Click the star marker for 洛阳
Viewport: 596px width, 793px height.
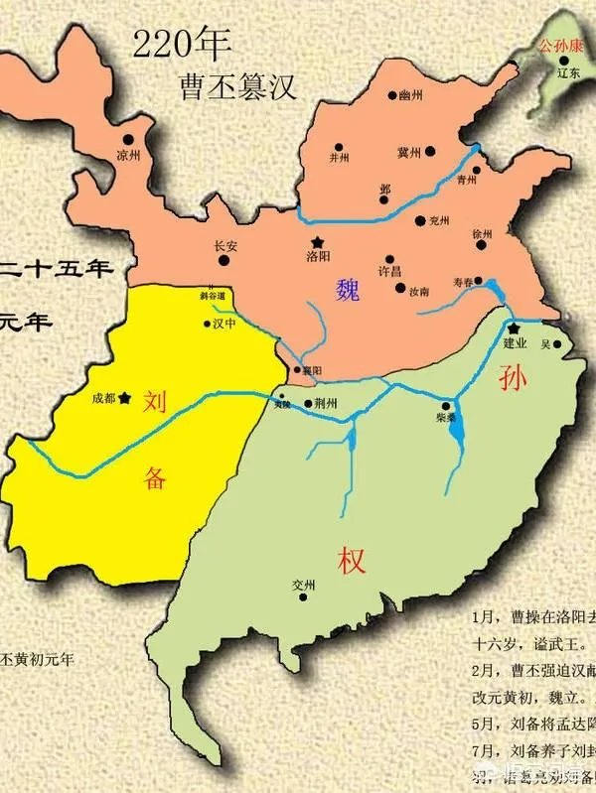click(317, 242)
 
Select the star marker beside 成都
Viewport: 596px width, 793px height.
click(125, 399)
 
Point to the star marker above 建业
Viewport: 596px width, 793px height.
click(514, 329)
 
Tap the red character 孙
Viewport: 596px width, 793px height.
click(508, 377)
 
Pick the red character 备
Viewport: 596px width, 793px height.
click(154, 477)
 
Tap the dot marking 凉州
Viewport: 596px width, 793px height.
click(128, 141)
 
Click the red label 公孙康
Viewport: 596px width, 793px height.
click(558, 46)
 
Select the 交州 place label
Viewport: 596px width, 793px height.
click(303, 585)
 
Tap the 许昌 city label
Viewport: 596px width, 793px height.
click(390, 270)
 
